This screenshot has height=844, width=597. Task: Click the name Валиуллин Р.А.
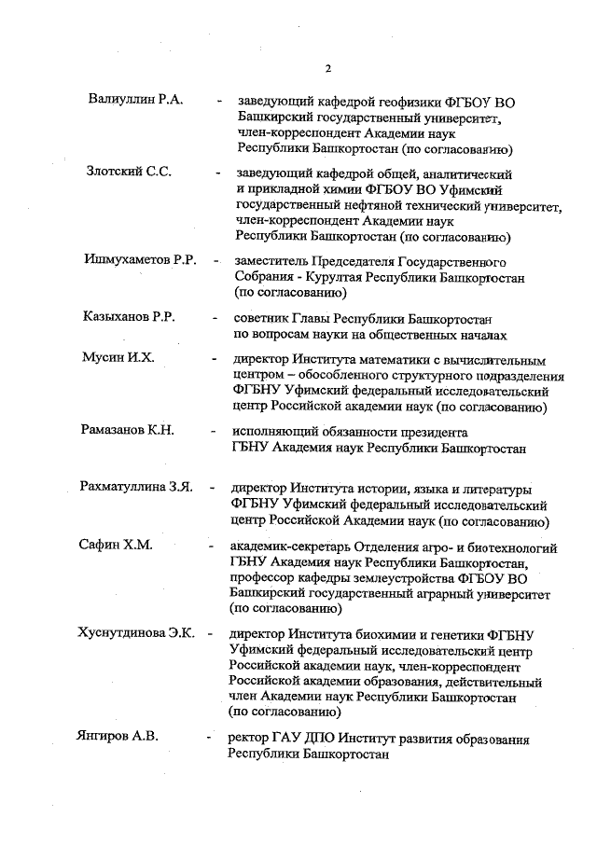pyautogui.click(x=135, y=100)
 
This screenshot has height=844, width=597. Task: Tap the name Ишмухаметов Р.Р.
pyautogui.click(x=140, y=259)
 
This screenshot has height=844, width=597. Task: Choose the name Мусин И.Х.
pyautogui.click(x=117, y=359)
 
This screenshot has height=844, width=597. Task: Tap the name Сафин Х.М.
pyautogui.click(x=116, y=546)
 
